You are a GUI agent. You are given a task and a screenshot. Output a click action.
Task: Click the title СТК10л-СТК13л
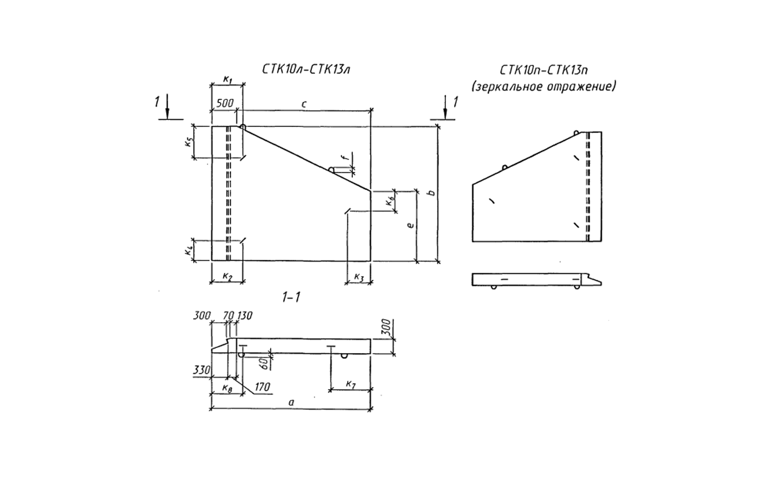click(x=306, y=69)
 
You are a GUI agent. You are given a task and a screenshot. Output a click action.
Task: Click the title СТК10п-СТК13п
click(x=543, y=70)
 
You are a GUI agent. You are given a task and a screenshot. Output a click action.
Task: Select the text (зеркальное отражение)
click(x=543, y=87)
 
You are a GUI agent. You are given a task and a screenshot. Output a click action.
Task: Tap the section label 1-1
click(x=291, y=297)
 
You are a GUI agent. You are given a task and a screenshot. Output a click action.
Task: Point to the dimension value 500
click(x=225, y=103)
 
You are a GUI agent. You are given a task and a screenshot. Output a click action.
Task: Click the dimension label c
click(x=304, y=104)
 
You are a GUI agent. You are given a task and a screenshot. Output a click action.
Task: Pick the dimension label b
click(x=432, y=193)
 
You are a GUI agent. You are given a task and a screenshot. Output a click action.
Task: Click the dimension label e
click(x=410, y=225)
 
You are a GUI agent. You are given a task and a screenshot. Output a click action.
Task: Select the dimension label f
click(x=346, y=157)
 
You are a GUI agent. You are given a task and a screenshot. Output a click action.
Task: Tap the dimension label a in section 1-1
click(x=291, y=402)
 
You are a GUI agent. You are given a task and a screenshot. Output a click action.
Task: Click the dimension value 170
click(x=262, y=387)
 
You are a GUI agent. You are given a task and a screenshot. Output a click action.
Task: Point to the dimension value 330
click(x=201, y=370)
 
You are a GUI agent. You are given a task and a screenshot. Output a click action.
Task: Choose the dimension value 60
click(x=264, y=364)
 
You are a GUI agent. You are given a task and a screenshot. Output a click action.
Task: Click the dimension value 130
click(x=244, y=315)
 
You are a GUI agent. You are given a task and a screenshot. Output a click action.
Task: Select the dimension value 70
click(x=228, y=315)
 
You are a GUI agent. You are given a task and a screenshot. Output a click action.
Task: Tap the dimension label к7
click(x=350, y=384)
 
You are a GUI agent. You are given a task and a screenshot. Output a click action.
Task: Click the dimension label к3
click(x=359, y=277)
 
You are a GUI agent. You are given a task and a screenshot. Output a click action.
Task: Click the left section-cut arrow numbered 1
click(x=167, y=107)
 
